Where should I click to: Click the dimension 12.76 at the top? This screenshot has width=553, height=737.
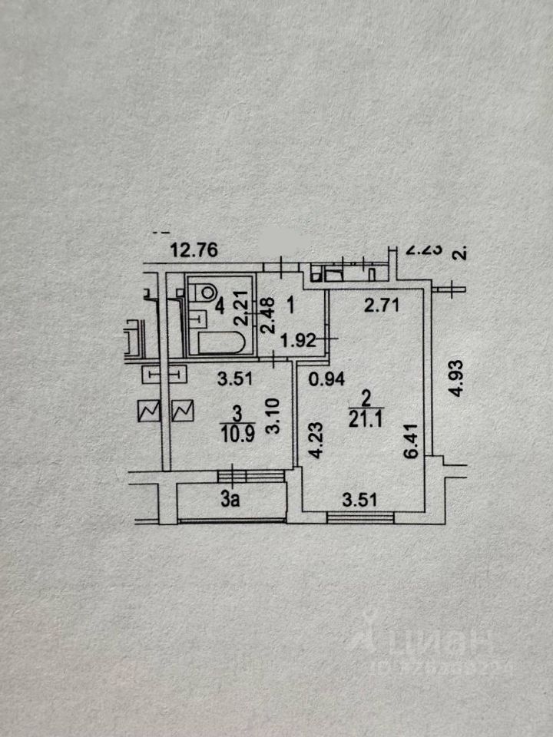click(195, 250)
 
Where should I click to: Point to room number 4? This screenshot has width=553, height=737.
click(220, 309)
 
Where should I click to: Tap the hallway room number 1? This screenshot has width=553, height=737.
click(291, 306)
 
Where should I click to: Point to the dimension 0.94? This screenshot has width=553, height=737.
click(324, 378)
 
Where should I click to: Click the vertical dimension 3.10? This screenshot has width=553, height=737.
click(271, 416)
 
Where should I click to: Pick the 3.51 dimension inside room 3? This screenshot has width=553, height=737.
click(233, 378)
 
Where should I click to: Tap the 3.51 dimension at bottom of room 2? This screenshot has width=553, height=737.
click(359, 502)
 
